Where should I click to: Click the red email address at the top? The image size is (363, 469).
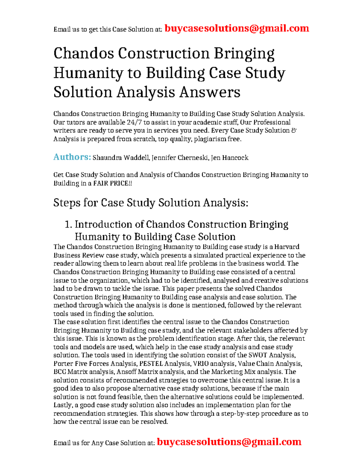pyautogui.click(x=237, y=28)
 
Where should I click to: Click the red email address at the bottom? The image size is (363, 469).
pyautogui.click(x=229, y=442)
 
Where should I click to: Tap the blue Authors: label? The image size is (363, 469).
pyautogui.click(x=72, y=157)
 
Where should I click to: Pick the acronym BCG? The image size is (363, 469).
pyautogui.click(x=60, y=372)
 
